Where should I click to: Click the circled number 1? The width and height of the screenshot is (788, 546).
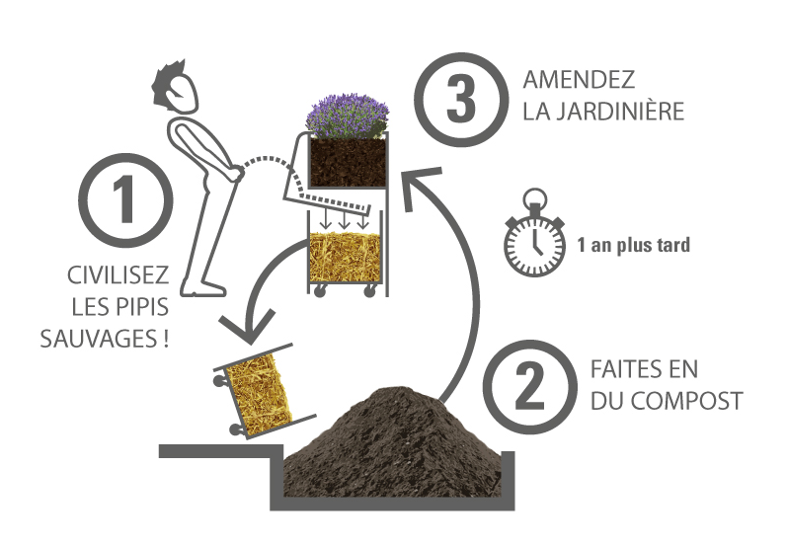click(125, 199)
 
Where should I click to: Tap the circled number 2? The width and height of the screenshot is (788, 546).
click(529, 387)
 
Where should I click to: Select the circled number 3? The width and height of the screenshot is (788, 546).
click(461, 100)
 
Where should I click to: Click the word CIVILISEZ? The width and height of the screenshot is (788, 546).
click(118, 275)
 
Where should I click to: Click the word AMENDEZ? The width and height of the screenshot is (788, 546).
click(579, 80)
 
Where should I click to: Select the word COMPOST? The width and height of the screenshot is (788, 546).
click(687, 401)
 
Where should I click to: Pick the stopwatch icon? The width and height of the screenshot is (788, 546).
click(535, 233)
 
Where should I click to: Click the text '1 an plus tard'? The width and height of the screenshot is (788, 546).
click(633, 245)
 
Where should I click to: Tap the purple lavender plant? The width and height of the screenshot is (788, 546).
click(348, 116)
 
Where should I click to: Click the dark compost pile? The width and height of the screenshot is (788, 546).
click(392, 442)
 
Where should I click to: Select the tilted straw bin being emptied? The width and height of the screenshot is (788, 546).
click(262, 391)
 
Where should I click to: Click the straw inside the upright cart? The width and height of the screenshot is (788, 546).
click(346, 257)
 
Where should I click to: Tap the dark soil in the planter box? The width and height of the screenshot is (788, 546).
click(348, 162)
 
